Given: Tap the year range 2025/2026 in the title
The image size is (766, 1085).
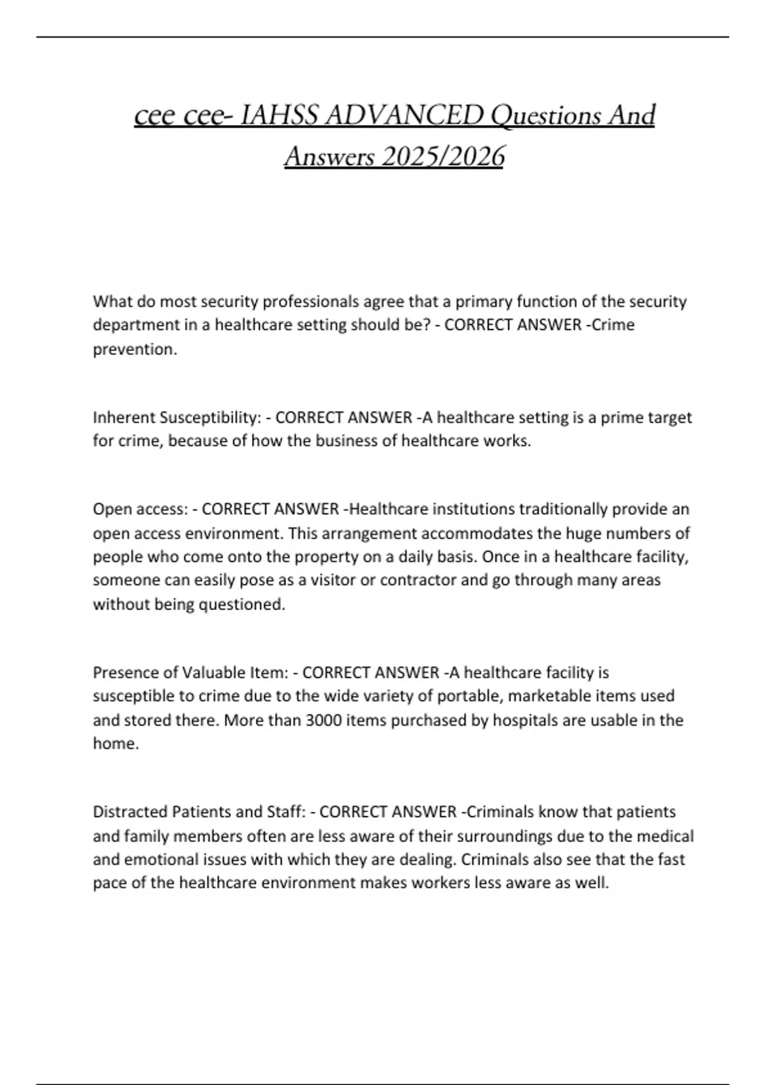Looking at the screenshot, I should coord(441,156).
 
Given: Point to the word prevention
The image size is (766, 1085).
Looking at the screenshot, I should coord(135,350).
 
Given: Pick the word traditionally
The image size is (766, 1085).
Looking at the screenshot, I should coord(562,509).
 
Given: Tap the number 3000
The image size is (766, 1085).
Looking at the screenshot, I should coord(325,720).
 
